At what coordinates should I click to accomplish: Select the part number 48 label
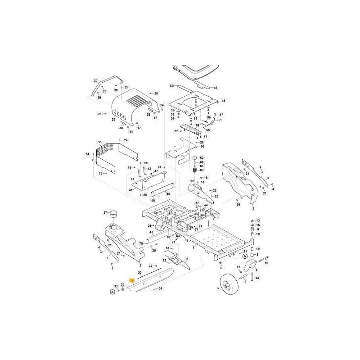[x=223, y=101]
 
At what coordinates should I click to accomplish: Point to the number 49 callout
[x=216, y=88]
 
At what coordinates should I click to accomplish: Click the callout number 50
[x=171, y=85]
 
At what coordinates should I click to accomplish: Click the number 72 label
[x=99, y=142]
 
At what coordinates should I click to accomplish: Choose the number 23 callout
[x=95, y=81]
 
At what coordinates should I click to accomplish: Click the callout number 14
[x=257, y=278]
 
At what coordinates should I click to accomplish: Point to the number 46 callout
[x=153, y=200]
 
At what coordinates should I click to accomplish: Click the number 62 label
[x=202, y=157]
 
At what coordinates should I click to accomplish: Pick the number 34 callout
[x=161, y=288]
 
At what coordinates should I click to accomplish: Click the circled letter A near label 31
[x=112, y=292]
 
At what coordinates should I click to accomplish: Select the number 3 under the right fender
[x=253, y=209]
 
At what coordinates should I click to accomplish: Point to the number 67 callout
[x=221, y=115]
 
